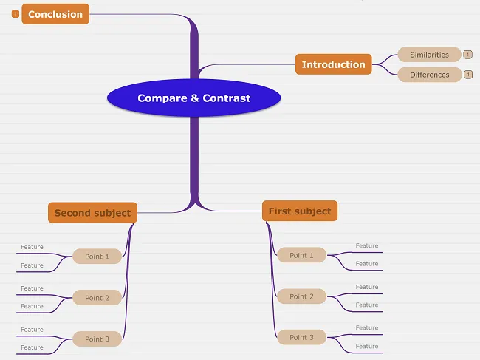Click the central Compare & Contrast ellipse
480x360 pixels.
point(193,98)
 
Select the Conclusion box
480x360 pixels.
point(55,14)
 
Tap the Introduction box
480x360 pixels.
point(333,64)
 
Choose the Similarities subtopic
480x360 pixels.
point(429,55)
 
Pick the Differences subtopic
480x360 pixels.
point(429,75)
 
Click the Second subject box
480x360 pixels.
point(92,213)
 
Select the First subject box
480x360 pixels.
point(299,211)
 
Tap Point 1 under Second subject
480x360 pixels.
point(97,257)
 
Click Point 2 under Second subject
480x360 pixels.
point(97,298)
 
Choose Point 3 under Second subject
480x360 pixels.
point(97,339)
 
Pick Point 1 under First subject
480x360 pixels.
point(301,255)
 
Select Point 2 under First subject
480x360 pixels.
point(301,296)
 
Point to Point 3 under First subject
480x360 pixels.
point(301,337)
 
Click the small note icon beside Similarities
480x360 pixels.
point(468,55)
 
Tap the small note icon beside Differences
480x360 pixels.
point(468,75)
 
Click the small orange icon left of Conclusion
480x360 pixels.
point(16,14)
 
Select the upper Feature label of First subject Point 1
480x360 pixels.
point(366,246)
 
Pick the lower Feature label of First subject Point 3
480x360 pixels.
point(366,346)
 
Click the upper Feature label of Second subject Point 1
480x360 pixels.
point(32,247)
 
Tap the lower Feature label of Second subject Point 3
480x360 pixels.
point(32,347)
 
